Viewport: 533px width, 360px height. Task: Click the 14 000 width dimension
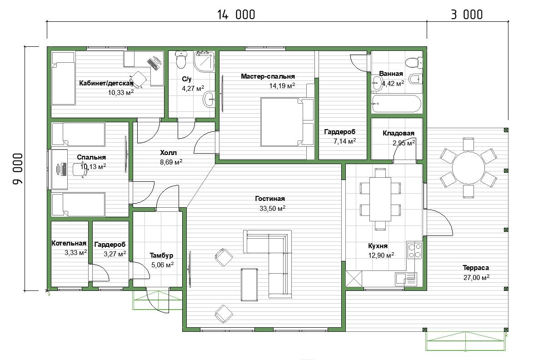(x=236, y=15)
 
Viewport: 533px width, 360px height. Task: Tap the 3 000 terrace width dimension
(x=467, y=15)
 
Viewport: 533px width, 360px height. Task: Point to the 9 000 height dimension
(x=18, y=169)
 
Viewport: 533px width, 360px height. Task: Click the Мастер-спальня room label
(x=268, y=76)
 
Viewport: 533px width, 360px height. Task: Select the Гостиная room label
(x=270, y=199)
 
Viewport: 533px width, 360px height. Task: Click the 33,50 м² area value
(x=272, y=208)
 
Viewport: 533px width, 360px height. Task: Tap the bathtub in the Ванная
(x=396, y=104)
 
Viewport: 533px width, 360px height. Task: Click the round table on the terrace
(x=468, y=168)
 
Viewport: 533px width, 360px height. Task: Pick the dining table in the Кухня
(x=380, y=199)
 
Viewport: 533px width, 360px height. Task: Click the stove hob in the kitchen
(x=415, y=250)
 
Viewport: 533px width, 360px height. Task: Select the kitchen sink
(x=405, y=279)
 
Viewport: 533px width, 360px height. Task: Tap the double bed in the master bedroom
(x=287, y=122)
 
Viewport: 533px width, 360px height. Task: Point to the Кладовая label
(x=399, y=133)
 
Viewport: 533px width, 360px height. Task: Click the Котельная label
(x=69, y=243)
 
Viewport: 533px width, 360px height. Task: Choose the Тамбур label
(x=161, y=255)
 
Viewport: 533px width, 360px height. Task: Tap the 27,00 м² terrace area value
(x=476, y=277)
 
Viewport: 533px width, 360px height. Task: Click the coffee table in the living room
(x=249, y=285)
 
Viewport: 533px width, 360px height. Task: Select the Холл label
(x=168, y=153)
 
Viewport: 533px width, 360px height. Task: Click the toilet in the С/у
(x=180, y=60)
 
